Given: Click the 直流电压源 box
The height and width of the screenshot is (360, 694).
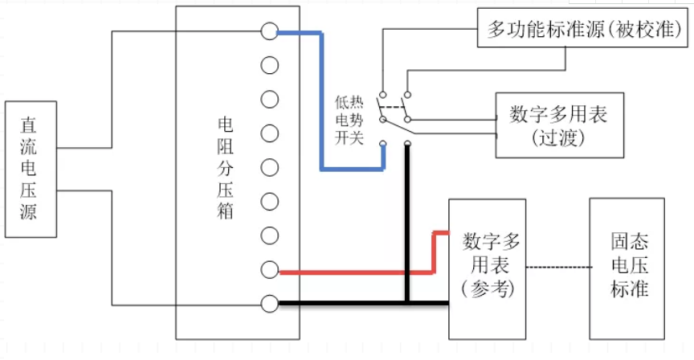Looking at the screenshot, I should (x=30, y=170).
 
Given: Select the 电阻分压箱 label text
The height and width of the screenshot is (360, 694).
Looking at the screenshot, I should (x=226, y=170).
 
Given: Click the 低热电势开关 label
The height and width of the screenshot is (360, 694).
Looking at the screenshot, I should (x=350, y=121).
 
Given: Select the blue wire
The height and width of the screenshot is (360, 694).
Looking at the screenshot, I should (x=322, y=96).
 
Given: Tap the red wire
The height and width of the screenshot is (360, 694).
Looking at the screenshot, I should (x=361, y=272).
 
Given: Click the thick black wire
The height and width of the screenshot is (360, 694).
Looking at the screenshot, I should (x=361, y=304).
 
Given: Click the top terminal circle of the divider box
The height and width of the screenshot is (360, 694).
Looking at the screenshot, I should (x=270, y=31).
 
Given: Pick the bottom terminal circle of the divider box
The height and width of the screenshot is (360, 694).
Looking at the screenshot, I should (x=270, y=304).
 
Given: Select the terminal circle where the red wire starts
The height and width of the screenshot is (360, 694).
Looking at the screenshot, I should (x=270, y=270).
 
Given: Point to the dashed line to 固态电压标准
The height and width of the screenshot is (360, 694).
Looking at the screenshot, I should (x=558, y=267).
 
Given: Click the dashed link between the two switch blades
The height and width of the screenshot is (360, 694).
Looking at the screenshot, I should (x=394, y=108).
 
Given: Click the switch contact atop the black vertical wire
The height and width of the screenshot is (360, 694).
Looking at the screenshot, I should (x=407, y=145).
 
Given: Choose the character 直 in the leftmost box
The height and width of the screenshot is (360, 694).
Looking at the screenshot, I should (x=30, y=126).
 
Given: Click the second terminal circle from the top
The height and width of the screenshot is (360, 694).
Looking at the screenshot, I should (x=270, y=65).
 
